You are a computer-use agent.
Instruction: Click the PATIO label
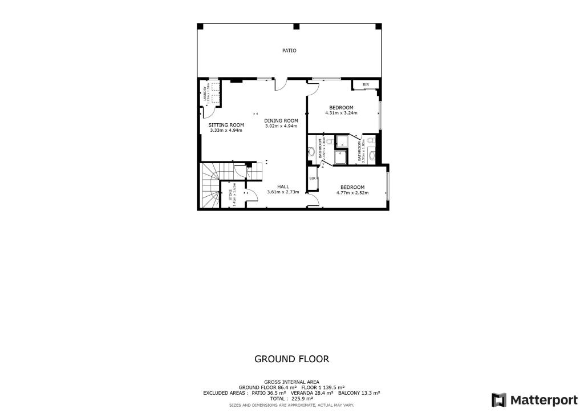coord(289,51)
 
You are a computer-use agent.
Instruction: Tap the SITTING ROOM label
coord(226,125)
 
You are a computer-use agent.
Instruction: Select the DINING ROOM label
coord(281,120)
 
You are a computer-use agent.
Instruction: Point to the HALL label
coord(283,187)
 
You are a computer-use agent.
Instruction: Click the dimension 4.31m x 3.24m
coord(341,113)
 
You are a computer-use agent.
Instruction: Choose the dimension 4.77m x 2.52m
coord(352,193)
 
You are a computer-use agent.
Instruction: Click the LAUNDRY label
coord(205,94)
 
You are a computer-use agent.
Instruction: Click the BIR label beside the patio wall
coord(366,85)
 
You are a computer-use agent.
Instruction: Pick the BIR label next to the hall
coord(312,179)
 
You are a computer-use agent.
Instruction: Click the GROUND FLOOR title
coord(291,359)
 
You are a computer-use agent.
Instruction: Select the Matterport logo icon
coord(498,399)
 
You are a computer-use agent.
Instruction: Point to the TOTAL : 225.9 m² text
coord(291,399)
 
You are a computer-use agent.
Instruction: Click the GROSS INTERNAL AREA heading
coord(291,382)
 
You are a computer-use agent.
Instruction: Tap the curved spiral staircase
coord(210,188)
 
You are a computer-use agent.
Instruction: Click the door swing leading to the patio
coord(281,84)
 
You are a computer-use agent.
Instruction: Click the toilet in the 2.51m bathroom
coord(370,140)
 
